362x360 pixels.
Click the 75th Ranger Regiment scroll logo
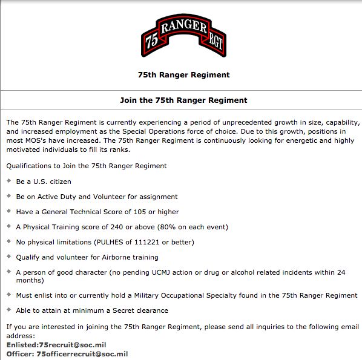click(183, 36)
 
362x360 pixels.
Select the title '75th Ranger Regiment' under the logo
click(183, 75)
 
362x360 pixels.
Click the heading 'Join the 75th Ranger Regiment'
click(183, 100)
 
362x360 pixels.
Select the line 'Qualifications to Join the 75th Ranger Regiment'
click(87, 165)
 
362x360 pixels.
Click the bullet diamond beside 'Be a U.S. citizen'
click(8, 181)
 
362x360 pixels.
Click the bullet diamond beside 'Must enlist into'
click(8, 295)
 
